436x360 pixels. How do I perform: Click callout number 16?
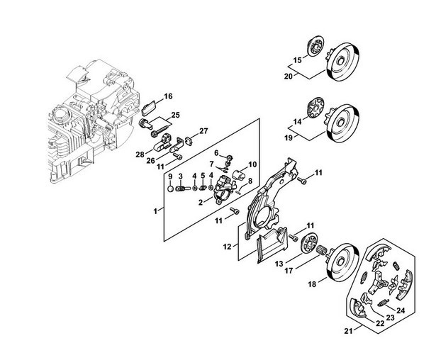[168, 96]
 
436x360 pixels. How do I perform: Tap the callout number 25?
[175, 115]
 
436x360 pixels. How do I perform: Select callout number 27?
[203, 131]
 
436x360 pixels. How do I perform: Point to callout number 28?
[140, 154]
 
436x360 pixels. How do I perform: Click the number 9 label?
[170, 176]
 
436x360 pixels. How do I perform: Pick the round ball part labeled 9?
[171, 189]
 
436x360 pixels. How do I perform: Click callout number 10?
[252, 164]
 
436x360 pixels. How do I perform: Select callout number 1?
[155, 211]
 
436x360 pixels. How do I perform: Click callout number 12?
[227, 247]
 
